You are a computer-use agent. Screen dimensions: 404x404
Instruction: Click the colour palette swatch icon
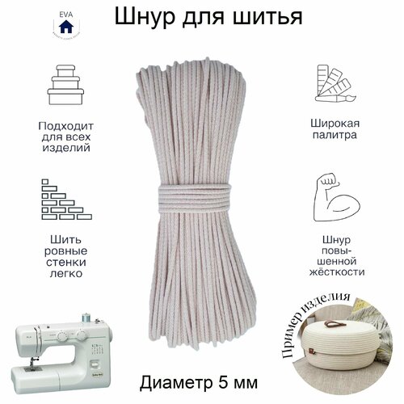[x=337, y=87]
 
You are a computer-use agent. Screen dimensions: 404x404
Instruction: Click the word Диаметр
[x=178, y=381]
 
